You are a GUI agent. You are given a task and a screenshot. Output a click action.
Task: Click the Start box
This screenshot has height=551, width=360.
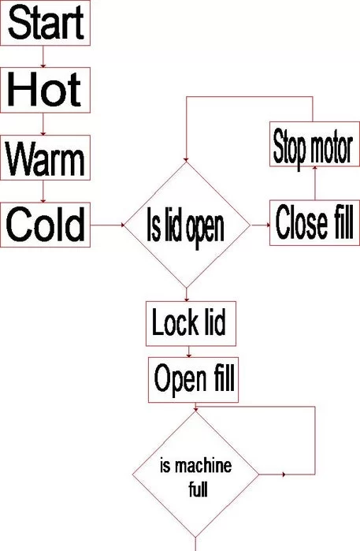[x=45, y=23]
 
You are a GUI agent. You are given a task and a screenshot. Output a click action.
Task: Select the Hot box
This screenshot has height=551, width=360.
[x=45, y=90]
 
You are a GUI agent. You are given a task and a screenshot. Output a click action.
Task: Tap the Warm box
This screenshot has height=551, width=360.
[x=45, y=158]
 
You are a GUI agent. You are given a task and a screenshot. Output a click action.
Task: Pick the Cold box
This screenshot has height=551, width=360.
[x=45, y=225]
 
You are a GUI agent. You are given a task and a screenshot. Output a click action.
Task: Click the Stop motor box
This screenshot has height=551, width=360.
[x=314, y=144]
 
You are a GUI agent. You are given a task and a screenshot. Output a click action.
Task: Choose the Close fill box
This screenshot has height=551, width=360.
[x=314, y=223]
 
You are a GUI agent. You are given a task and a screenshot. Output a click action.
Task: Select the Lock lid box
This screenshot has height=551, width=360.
[x=191, y=323]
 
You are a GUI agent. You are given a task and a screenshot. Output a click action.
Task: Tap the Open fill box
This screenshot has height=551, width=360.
[x=193, y=380]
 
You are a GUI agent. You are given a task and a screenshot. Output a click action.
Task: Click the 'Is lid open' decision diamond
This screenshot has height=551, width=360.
[x=187, y=225]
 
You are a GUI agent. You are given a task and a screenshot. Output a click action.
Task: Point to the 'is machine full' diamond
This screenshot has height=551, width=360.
[x=195, y=475]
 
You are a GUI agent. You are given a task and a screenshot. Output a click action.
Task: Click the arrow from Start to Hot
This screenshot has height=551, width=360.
[x=43, y=57]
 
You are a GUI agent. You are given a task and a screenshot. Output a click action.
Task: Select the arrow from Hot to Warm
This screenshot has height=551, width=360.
[x=43, y=124]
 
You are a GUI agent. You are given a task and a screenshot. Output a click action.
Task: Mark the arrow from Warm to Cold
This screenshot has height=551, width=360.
[x=43, y=192]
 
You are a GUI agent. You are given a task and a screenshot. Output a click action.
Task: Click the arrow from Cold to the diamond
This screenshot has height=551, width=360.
[x=108, y=225]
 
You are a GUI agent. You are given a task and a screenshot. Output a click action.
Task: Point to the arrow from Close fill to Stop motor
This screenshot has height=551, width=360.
[x=314, y=183]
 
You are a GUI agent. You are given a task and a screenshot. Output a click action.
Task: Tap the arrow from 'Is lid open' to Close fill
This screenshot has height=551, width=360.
[x=261, y=225]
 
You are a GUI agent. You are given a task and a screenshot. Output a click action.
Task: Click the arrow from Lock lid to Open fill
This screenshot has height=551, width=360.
[x=189, y=352]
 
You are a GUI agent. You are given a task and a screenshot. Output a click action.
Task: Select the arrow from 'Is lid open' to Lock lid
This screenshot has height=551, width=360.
[x=187, y=295]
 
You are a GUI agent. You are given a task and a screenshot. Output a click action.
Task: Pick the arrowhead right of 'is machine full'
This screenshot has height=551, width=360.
[x=284, y=475]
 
